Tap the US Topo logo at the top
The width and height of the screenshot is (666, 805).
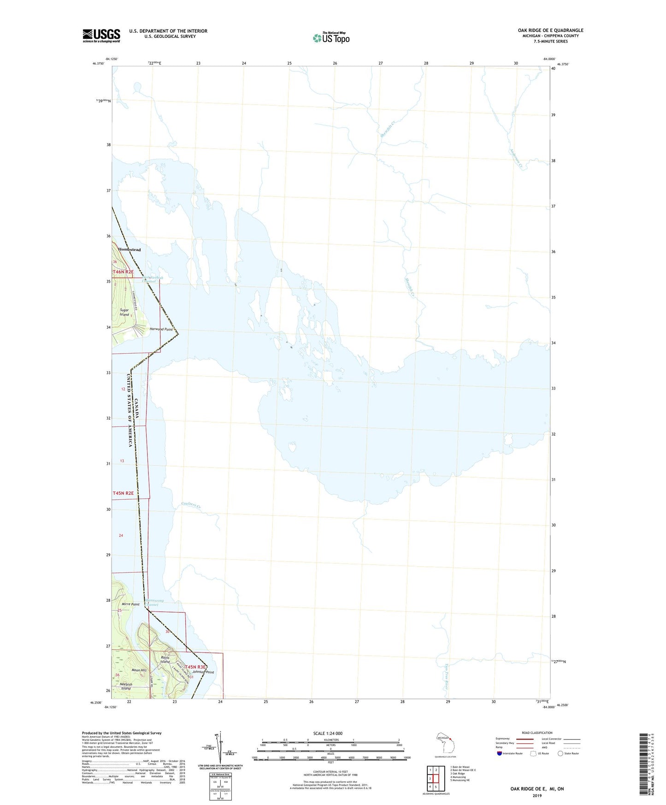[x=331, y=38]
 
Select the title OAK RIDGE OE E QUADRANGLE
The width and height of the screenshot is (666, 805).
[x=550, y=30]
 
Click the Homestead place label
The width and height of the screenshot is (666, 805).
[x=129, y=249]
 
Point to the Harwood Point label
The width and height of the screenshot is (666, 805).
[x=161, y=329]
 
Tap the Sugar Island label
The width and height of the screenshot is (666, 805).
[x=124, y=312]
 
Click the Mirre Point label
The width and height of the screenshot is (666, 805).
[x=130, y=604]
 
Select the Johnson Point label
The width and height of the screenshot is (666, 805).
[x=204, y=672]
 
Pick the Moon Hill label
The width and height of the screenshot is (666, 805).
[x=139, y=670]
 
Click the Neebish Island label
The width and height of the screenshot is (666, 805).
[x=126, y=687]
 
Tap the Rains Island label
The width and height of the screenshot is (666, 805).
[x=165, y=659]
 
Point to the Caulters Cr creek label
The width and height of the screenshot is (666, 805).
[x=191, y=505]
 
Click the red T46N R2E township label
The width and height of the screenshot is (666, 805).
[x=124, y=272]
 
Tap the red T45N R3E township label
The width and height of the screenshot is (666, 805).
[x=195, y=667]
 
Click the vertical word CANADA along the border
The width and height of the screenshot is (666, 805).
[x=137, y=409]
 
